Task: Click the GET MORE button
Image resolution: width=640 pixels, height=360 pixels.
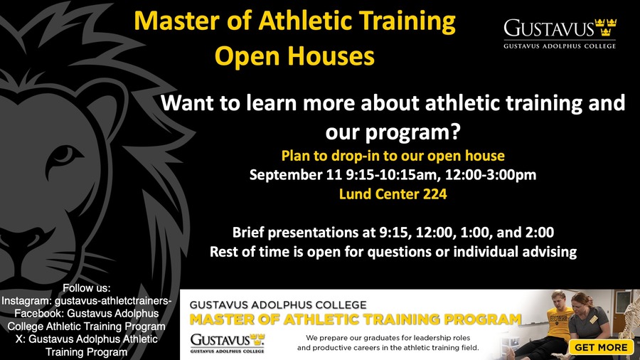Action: [x=601, y=347]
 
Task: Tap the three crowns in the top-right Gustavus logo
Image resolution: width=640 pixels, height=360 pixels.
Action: [x=606, y=27]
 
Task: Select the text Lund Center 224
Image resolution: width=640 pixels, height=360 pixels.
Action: [x=393, y=194]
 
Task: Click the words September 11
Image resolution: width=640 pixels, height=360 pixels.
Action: [x=296, y=174]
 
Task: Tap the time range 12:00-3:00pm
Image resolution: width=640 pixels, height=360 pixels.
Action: [x=490, y=174]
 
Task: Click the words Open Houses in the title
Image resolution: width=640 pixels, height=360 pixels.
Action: [x=294, y=55]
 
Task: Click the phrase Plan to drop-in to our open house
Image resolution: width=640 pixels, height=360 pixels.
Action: [x=393, y=156]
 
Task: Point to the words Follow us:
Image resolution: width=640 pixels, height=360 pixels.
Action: [x=87, y=288]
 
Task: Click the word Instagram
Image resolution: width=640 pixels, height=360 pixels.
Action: [x=26, y=301]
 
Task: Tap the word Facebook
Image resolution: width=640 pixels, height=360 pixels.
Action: [x=39, y=314]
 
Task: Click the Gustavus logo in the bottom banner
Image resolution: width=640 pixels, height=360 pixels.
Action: [x=228, y=343]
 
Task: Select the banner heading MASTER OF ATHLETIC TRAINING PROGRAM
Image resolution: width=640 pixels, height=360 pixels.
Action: [x=356, y=319]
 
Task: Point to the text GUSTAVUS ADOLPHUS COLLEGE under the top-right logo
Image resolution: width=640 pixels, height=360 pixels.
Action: [x=560, y=46]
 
